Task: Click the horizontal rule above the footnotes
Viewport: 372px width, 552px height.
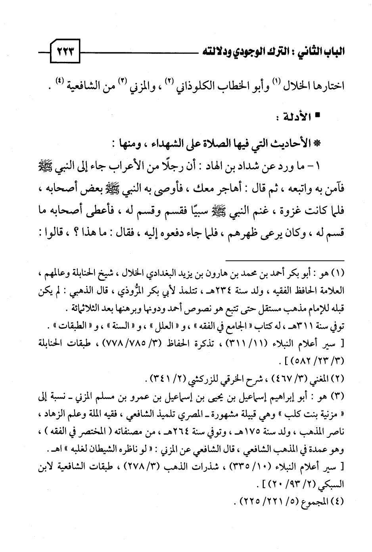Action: (286, 261)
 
